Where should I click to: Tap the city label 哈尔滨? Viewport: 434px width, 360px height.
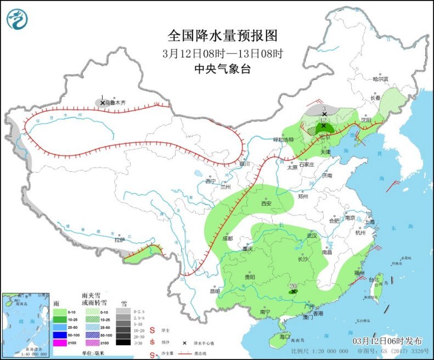pos(380,79)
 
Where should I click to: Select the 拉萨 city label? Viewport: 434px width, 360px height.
pos(120,240)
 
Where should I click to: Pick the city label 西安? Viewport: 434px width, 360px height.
pos(266,203)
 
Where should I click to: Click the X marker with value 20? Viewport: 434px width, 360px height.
pos(294,292)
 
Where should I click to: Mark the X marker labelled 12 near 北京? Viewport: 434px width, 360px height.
pos(323,126)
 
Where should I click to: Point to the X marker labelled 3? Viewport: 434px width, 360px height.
pos(324,114)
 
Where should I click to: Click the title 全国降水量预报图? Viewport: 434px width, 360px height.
pos(222,36)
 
